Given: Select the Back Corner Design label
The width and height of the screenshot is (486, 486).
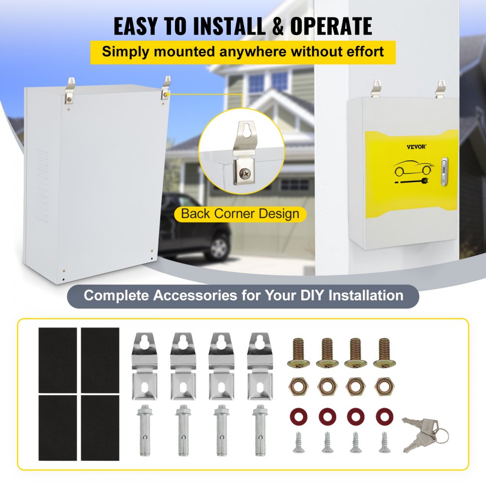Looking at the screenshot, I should [240, 214].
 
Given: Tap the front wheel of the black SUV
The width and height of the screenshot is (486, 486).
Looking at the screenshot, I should [219, 248].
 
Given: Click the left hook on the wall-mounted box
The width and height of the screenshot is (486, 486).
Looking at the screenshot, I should [377, 88].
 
